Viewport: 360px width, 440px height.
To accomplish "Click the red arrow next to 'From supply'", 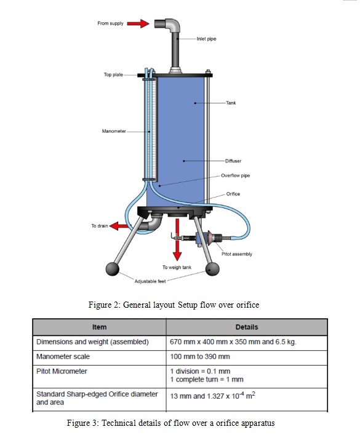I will (142, 23).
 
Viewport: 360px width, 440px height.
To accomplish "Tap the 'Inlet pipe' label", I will (206, 39).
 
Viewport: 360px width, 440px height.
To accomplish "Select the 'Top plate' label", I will (113, 75).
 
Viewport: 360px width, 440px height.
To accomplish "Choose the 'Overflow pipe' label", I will (235, 175).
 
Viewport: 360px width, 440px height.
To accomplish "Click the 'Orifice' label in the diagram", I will (233, 194).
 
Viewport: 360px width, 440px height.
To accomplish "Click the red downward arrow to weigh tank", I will (177, 249).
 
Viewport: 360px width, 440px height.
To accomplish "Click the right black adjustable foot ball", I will (213, 269).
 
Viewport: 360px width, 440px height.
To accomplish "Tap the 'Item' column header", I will (99, 327).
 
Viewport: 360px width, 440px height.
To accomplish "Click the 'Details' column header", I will (246, 327).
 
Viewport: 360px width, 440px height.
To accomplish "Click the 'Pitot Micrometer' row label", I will (62, 371).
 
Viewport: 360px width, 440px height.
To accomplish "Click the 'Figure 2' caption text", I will (174, 305).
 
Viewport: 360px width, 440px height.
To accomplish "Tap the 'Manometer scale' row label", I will (63, 356).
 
